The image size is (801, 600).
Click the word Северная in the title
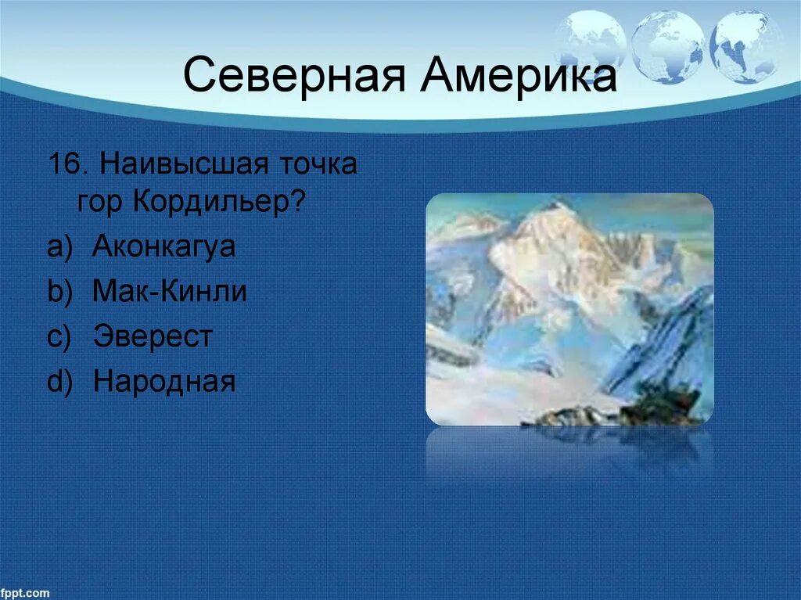pos(294,76)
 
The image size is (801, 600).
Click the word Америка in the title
pos(519,74)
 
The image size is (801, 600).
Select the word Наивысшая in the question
pos(184,164)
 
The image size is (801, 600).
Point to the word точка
pos(318,164)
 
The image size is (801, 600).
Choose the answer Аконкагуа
pos(164,246)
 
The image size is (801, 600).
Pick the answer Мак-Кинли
pos(170,291)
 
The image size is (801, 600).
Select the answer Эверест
pos(153,336)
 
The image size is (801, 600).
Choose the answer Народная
pos(164,381)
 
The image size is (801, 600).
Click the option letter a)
pos(59,247)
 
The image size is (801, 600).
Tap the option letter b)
pos(59,292)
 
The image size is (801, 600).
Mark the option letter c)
pos(59,337)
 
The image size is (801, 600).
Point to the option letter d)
pos(59,382)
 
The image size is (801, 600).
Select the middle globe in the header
pos(667,47)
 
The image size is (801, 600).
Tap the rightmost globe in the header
pos(746,47)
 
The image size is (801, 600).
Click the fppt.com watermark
pos(25,593)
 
